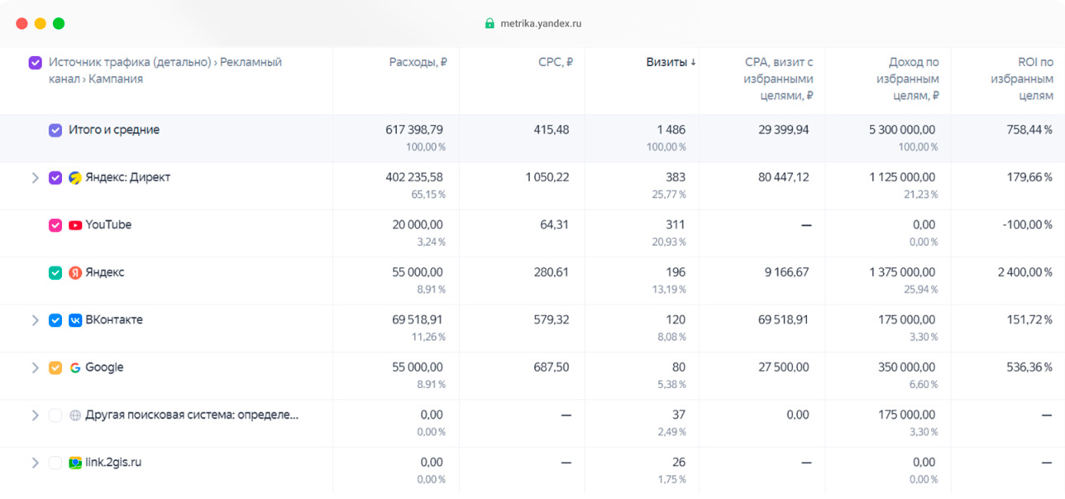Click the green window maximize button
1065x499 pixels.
coord(59,23)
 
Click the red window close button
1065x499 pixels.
coord(21,23)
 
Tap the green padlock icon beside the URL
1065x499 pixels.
coord(490,23)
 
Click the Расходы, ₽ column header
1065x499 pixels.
coord(418,62)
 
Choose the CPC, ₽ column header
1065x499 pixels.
coord(556,62)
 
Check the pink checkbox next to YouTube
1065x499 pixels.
coord(55,225)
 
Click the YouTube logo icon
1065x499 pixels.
coord(75,225)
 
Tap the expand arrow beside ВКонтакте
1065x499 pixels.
coord(35,320)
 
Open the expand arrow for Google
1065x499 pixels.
coord(35,367)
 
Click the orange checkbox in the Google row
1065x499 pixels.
coord(55,367)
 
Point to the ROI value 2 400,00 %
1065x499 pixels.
coord(1024,272)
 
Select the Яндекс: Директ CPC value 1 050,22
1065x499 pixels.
coord(547,177)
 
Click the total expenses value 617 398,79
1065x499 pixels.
coord(414,129)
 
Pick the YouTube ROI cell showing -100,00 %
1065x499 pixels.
coord(1027,224)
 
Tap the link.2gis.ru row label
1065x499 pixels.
coord(113,462)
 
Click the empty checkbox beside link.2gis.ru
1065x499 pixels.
coord(55,463)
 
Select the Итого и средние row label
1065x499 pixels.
coord(114,129)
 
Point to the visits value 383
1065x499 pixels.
coord(675,177)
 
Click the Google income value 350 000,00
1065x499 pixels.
coord(907,367)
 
